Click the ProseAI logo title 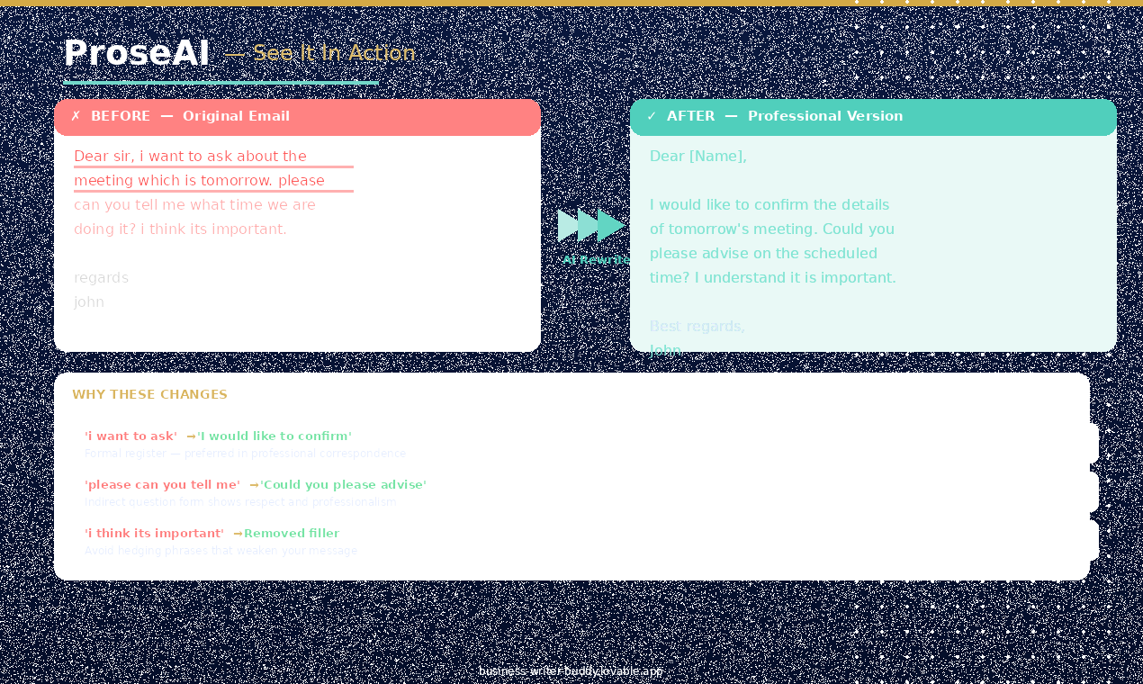(x=136, y=54)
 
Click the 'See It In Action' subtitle (x=334, y=53)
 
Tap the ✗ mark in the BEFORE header (x=76, y=116)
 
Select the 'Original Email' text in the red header (x=236, y=116)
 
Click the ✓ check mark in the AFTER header (x=652, y=116)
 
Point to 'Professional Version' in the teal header (x=824, y=116)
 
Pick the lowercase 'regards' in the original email (x=101, y=278)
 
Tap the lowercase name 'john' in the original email (x=89, y=302)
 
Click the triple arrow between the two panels (x=591, y=226)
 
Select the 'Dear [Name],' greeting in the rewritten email (x=697, y=157)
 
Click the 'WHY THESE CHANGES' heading (x=149, y=395)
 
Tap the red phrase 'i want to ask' (x=130, y=436)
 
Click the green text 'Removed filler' (x=292, y=534)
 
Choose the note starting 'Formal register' (x=245, y=454)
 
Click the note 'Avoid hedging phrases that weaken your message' (x=220, y=551)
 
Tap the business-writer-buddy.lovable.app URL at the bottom (x=571, y=671)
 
